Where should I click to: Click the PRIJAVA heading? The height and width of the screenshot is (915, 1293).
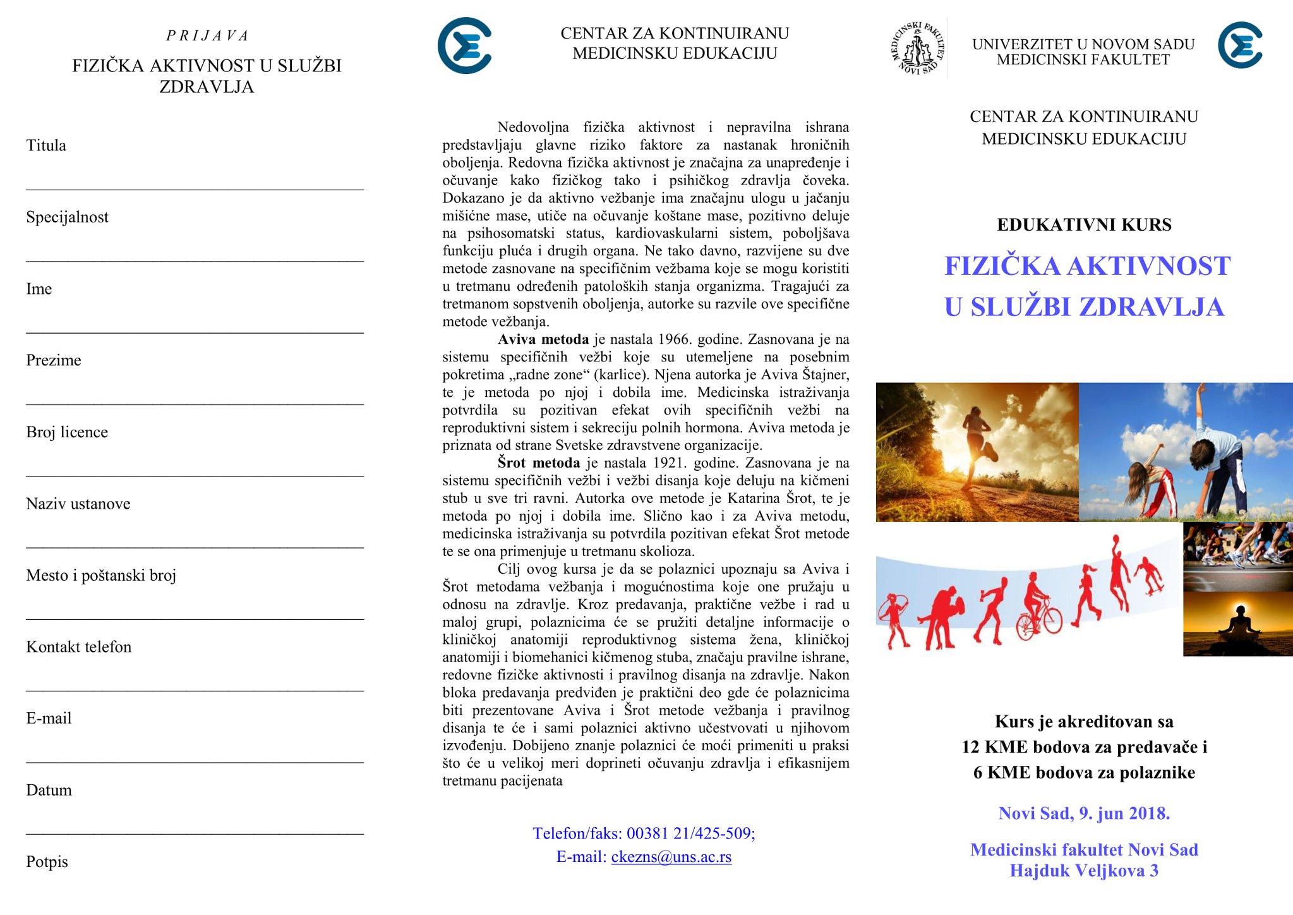(x=207, y=36)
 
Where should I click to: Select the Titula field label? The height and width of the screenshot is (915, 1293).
(x=46, y=145)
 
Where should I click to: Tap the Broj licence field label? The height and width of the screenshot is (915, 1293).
(x=67, y=432)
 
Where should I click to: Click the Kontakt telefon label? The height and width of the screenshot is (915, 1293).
(x=79, y=647)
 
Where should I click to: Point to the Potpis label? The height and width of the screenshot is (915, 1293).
(x=47, y=862)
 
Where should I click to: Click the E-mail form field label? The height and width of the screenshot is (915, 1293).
(x=49, y=718)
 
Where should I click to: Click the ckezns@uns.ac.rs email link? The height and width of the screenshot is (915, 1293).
(x=671, y=857)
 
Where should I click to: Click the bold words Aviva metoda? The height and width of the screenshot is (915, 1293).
(x=543, y=339)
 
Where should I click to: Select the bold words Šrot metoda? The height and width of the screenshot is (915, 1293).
(x=538, y=463)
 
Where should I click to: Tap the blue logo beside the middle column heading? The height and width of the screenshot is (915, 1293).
(x=465, y=45)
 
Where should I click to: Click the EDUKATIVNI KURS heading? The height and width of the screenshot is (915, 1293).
(x=1084, y=225)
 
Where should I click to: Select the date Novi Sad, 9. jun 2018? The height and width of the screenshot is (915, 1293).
(x=1084, y=813)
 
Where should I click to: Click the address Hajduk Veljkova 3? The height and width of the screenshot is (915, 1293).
(x=1084, y=871)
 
